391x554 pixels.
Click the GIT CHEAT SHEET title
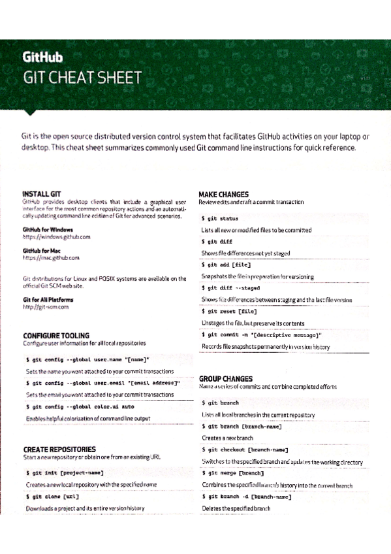tap(82, 78)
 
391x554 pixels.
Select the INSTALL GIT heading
tap(42, 194)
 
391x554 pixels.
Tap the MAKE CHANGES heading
tap(223, 194)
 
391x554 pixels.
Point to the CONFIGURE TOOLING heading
tap(56, 335)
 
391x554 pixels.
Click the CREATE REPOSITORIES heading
tap(59, 449)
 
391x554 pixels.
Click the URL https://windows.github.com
tap(55, 236)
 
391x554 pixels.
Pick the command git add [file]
tap(229, 265)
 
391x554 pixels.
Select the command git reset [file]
tap(232, 311)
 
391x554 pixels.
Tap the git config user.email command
tap(102, 383)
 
